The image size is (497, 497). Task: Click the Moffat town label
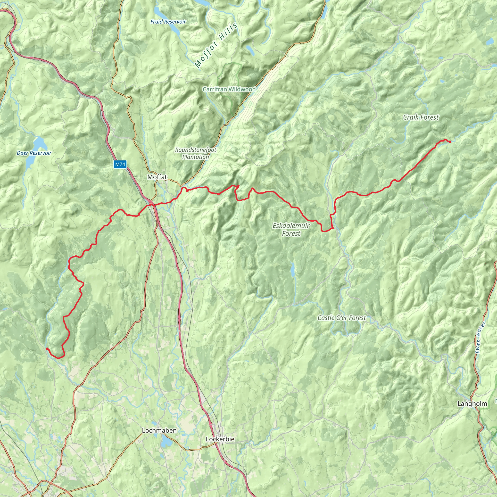pyautogui.click(x=157, y=177)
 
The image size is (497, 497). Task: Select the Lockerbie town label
pyautogui.click(x=220, y=439)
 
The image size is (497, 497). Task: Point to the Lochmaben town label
pyautogui.click(x=159, y=430)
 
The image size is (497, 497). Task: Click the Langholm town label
pyautogui.click(x=472, y=404)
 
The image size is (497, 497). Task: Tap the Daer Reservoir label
pyautogui.click(x=34, y=153)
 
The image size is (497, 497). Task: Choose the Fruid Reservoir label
pyautogui.click(x=168, y=22)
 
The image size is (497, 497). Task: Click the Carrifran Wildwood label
pyautogui.click(x=229, y=89)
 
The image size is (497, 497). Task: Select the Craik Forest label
pyautogui.click(x=421, y=117)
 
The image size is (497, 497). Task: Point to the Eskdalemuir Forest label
pyautogui.click(x=291, y=230)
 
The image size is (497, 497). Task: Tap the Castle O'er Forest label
pyautogui.click(x=342, y=318)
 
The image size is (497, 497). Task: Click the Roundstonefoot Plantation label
pyautogui.click(x=196, y=153)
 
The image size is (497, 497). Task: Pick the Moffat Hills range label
pyautogui.click(x=216, y=46)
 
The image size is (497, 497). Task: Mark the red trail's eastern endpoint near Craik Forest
pyautogui.click(x=450, y=142)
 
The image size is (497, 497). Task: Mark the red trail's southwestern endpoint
pyautogui.click(x=47, y=348)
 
